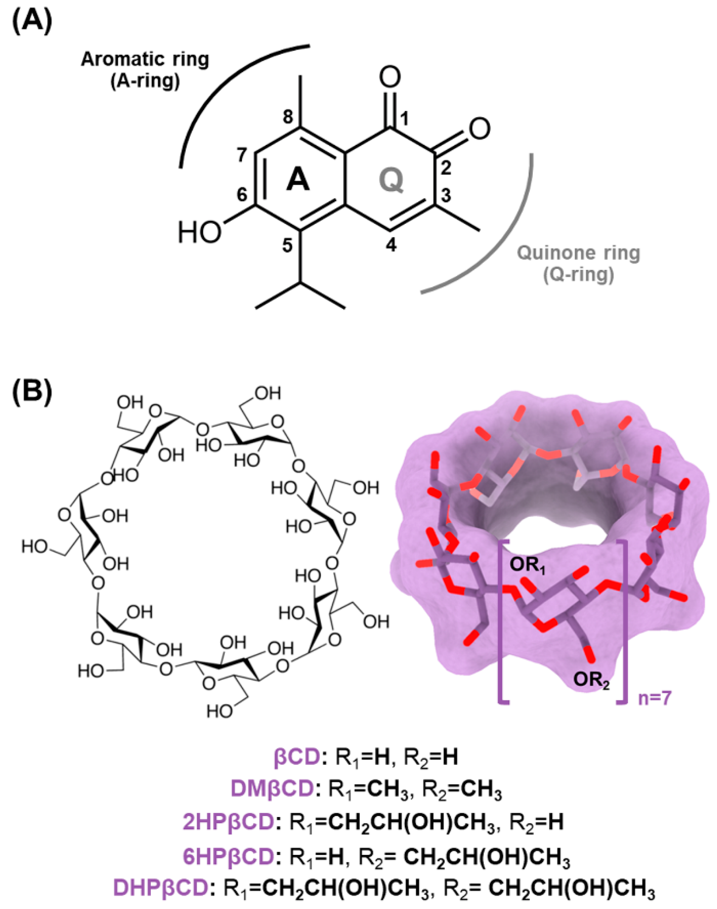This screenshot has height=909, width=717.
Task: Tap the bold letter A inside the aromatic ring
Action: [298, 181]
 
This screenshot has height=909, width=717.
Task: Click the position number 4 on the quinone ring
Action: [391, 245]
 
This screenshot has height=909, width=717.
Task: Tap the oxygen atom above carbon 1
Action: [390, 77]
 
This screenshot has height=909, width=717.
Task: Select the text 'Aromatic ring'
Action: [145, 60]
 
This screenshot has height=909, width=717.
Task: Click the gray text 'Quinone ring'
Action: [579, 253]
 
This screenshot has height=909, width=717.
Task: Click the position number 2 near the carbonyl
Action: [445, 168]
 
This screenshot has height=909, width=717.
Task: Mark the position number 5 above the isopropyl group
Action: [287, 246]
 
